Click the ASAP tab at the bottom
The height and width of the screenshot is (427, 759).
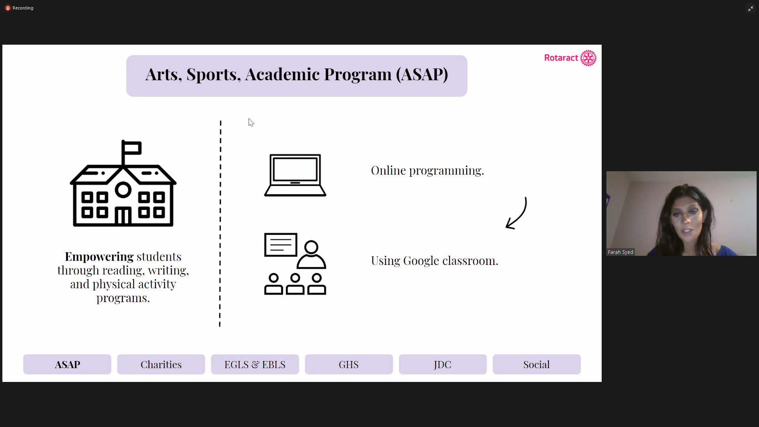click(67, 364)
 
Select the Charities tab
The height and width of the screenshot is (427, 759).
click(161, 364)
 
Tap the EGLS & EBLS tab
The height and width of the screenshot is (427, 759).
click(255, 364)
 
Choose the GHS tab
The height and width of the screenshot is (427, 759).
click(349, 364)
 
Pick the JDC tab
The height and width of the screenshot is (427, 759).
click(443, 364)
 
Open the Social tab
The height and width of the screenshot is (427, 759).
click(536, 364)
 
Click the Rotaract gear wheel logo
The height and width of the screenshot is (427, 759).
click(588, 58)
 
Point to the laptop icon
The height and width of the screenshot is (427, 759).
click(295, 175)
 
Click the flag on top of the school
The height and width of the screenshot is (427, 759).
click(132, 148)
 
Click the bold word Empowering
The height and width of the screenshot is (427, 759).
click(99, 257)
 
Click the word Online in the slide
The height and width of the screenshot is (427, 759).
click(388, 170)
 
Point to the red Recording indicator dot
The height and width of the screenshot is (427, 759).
click(8, 8)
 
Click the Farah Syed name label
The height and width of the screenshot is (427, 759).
click(621, 252)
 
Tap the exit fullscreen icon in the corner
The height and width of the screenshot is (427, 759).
click(750, 8)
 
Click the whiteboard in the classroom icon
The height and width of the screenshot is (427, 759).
click(281, 245)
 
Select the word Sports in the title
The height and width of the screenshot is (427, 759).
click(213, 74)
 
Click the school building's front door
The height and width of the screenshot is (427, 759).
click(123, 217)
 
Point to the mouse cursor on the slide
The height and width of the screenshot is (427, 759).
click(251, 123)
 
